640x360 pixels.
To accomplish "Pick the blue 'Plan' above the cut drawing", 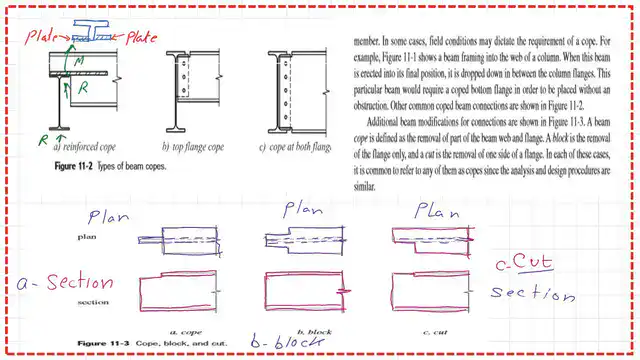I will (437, 212).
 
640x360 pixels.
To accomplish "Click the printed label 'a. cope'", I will (186, 331).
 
